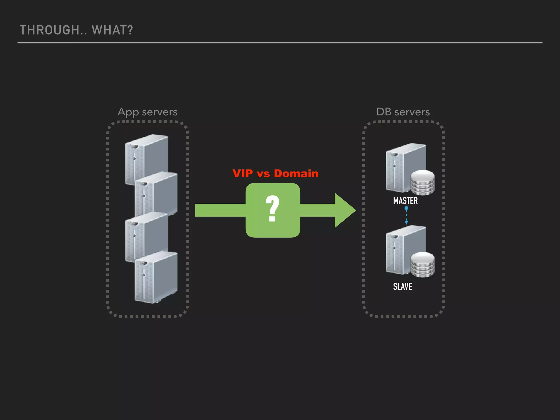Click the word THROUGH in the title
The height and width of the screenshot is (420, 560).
click(x=49, y=30)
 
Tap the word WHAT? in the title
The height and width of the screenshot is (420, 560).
click(x=112, y=30)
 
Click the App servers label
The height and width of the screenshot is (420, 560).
click(x=147, y=112)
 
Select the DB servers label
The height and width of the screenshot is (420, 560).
click(x=403, y=112)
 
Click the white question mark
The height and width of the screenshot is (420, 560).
click(x=272, y=208)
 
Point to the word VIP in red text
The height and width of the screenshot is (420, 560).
click(x=243, y=173)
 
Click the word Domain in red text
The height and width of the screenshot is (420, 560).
click(x=296, y=173)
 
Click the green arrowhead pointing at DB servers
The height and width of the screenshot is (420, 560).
click(x=344, y=210)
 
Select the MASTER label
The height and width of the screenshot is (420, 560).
click(x=405, y=201)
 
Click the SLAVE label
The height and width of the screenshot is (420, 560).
click(x=402, y=287)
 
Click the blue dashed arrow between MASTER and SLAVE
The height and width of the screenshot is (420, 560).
click(x=406, y=216)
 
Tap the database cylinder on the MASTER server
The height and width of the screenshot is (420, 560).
click(x=423, y=182)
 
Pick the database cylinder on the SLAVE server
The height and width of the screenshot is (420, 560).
click(x=423, y=264)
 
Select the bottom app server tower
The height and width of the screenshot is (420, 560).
click(x=156, y=278)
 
